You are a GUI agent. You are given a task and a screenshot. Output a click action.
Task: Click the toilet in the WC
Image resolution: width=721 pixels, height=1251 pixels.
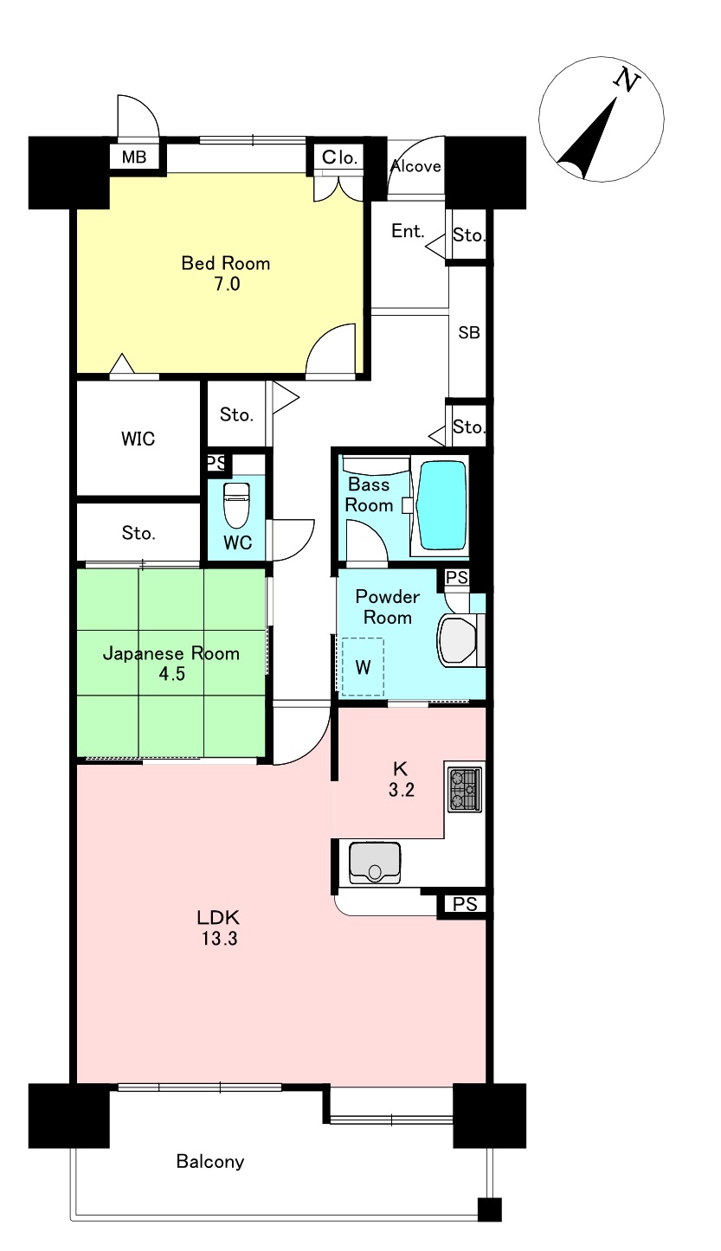click(x=236, y=505)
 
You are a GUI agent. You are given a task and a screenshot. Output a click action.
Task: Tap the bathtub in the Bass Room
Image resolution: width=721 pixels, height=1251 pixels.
click(x=442, y=505)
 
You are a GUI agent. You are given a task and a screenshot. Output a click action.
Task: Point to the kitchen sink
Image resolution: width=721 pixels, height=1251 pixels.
click(x=375, y=863)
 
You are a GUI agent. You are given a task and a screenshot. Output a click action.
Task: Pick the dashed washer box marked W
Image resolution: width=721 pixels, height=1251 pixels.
click(x=363, y=667)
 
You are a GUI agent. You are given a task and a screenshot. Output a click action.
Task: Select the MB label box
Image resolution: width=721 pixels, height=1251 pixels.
click(x=134, y=157)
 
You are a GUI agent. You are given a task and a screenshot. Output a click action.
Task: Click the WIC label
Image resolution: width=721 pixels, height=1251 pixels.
click(x=138, y=439)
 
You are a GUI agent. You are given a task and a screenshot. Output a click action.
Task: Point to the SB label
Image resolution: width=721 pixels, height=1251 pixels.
click(x=469, y=333)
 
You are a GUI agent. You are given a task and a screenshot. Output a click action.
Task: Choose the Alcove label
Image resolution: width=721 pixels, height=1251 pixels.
click(x=415, y=166)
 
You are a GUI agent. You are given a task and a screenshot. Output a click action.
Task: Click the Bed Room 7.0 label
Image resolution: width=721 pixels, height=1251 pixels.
click(x=226, y=273)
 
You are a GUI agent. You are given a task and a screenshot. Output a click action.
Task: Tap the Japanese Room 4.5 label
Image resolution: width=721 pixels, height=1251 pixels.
click(x=171, y=664)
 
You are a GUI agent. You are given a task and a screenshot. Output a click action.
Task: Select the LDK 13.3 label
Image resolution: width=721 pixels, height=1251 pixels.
click(x=218, y=927)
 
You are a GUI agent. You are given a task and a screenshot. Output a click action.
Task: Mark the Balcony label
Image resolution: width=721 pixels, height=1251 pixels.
click(x=210, y=1162)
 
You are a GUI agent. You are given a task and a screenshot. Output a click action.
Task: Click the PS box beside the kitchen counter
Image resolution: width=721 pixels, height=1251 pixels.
click(x=465, y=903)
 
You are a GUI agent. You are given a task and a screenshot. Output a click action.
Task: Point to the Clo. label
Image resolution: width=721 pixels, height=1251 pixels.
click(x=339, y=157)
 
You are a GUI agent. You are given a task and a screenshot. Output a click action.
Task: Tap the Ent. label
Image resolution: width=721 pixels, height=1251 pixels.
click(x=408, y=231)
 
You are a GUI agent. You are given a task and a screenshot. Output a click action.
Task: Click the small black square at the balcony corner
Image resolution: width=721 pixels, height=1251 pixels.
click(x=490, y=1209)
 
